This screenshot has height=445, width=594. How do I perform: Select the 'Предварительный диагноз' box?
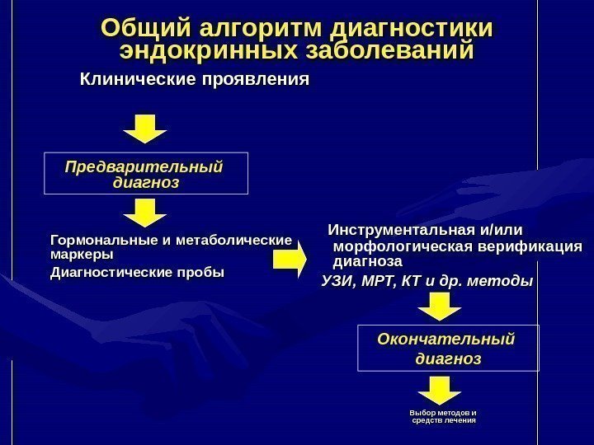145,173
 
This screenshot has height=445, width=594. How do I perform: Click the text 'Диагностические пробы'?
137,272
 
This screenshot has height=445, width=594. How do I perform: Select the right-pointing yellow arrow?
289,261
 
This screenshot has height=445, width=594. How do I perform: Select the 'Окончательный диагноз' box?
447,348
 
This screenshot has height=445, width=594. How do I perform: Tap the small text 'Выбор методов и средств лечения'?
444,415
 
